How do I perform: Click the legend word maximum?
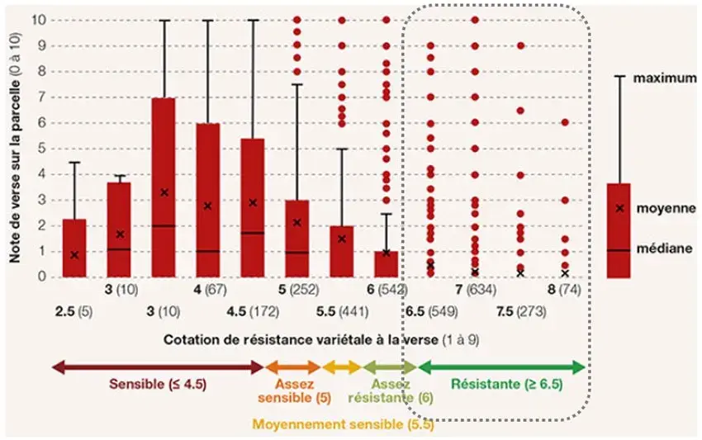(x=662, y=78)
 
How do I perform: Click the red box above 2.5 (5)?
(x=74, y=248)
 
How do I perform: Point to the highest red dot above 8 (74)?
(x=565, y=122)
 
